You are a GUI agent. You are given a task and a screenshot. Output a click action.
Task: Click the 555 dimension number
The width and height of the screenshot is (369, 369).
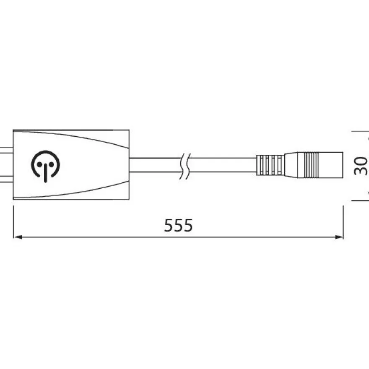(178, 225)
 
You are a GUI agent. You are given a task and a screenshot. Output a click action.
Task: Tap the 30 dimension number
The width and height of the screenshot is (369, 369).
(361, 166)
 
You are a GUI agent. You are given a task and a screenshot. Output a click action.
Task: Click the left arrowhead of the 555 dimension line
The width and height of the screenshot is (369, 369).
(18, 237)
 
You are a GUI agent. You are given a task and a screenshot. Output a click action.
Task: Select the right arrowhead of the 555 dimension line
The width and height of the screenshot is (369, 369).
(339, 237)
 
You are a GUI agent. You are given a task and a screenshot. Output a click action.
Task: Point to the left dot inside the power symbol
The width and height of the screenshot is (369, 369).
(39, 164)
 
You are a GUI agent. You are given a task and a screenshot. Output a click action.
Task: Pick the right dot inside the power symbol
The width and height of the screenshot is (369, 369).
(51, 164)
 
